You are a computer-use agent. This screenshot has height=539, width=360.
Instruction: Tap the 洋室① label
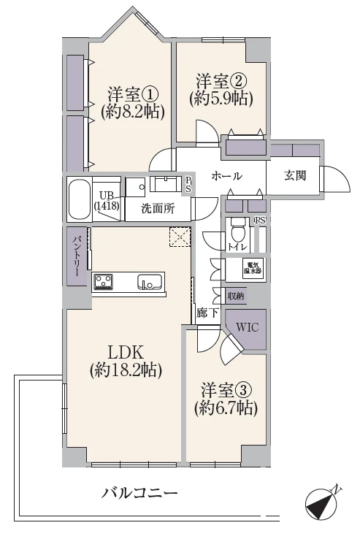132,93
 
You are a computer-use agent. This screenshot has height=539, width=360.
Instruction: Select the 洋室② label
221,82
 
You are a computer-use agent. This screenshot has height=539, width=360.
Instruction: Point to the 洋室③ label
226,390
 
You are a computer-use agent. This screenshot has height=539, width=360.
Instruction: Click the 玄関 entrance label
295,175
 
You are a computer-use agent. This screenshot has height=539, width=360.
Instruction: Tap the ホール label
226,176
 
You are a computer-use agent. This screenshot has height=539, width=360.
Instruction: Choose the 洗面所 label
158,208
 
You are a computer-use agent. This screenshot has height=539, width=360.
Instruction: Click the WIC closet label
248,326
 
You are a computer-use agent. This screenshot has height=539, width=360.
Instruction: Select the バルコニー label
139,493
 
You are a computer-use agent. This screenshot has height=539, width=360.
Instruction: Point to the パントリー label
76,256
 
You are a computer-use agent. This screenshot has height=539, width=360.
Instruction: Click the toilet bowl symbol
237,230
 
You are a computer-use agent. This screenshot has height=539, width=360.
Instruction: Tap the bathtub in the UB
80,199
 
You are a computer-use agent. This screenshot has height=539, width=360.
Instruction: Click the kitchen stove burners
103,281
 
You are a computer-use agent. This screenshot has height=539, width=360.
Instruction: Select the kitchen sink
150,281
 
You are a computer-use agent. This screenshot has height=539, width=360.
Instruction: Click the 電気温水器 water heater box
253,268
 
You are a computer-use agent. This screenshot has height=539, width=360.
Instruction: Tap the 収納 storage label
236,296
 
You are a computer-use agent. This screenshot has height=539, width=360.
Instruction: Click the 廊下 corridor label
207,313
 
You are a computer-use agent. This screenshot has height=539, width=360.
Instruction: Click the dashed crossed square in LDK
180,237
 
